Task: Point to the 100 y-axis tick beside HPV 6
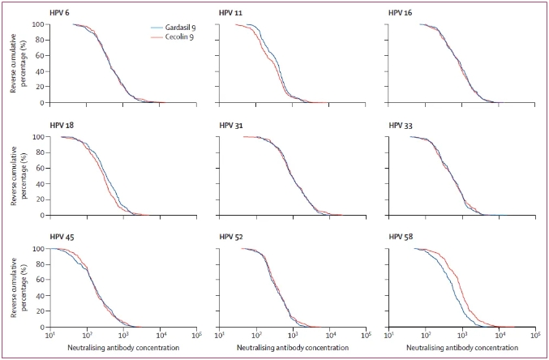click(37, 24)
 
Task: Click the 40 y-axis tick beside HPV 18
click(40, 184)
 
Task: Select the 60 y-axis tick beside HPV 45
click(40, 280)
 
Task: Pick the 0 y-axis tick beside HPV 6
click(42, 103)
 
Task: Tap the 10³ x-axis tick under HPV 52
click(293, 335)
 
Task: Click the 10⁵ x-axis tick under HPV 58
click(536, 335)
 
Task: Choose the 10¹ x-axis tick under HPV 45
click(50, 335)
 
